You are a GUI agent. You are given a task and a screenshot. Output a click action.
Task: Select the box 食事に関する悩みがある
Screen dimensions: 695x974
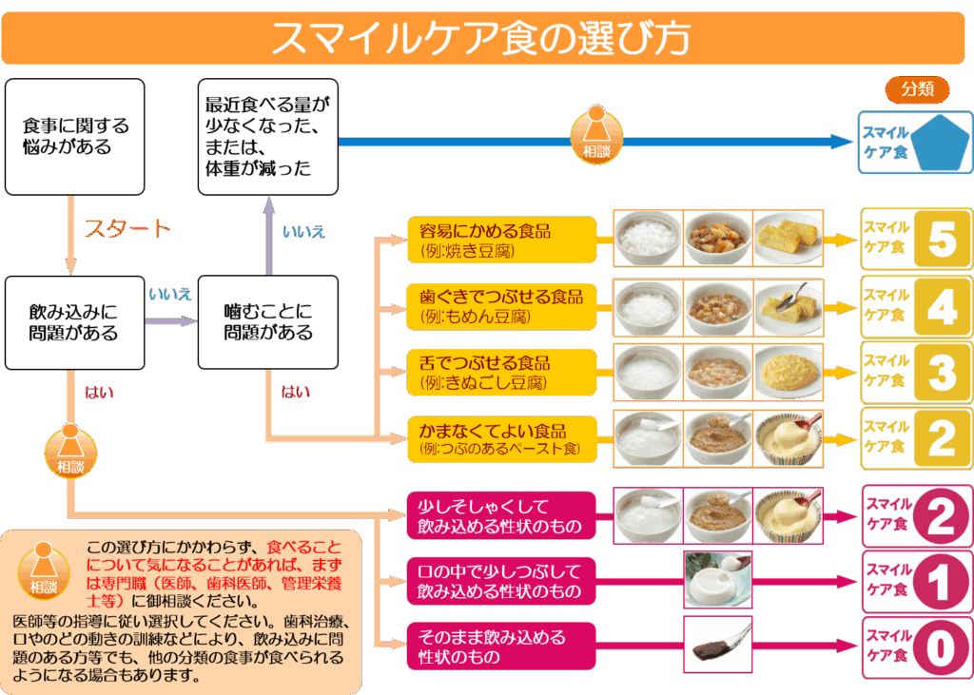click(75, 137)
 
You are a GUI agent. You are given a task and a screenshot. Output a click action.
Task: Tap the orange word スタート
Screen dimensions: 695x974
click(127, 229)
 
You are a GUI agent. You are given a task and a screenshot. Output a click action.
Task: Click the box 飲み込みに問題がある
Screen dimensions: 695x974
click(74, 322)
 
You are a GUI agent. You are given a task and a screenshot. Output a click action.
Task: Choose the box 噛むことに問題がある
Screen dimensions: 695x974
click(268, 322)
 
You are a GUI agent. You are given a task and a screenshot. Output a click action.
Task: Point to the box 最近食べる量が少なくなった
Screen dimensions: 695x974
click(268, 137)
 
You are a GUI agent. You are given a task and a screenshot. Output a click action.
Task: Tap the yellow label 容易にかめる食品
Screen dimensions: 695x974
click(501, 240)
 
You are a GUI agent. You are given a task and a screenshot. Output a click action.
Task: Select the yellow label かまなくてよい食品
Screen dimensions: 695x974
click(501, 438)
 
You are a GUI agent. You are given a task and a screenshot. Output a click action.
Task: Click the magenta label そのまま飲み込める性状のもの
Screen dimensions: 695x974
click(501, 647)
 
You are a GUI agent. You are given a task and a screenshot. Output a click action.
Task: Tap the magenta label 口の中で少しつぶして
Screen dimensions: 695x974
click(501, 581)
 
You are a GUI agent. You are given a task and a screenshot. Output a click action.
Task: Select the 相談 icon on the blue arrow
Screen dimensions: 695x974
click(596, 134)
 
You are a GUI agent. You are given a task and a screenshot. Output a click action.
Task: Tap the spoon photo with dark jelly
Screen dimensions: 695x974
click(718, 646)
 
